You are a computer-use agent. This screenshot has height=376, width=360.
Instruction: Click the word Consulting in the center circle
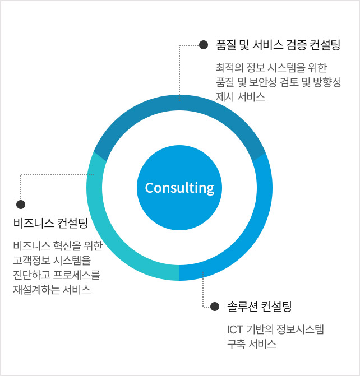[179, 188]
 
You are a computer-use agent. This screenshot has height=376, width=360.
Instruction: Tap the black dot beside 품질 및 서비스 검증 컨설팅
[204, 45]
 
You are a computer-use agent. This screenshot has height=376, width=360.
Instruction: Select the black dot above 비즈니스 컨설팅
[21, 205]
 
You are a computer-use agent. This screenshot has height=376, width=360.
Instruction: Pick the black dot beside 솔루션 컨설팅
[215, 307]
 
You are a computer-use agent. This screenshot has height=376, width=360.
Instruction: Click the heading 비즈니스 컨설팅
[50, 223]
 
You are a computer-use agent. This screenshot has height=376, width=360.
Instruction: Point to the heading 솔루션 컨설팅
[260, 307]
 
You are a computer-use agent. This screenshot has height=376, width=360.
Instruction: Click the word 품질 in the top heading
[226, 45]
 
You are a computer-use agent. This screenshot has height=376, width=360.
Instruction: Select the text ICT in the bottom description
[235, 329]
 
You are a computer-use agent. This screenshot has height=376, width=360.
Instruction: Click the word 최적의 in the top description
[230, 68]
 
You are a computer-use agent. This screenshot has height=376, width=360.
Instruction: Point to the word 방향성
[327, 82]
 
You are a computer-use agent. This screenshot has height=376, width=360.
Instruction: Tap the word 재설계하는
[36, 290]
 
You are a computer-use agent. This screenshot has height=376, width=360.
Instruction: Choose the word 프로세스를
[76, 275]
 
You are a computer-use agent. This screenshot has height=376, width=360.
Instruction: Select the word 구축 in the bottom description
[237, 344]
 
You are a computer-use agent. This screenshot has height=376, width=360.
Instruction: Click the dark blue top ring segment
[179, 103]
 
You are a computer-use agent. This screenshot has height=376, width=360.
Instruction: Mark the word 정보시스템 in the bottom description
[300, 329]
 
